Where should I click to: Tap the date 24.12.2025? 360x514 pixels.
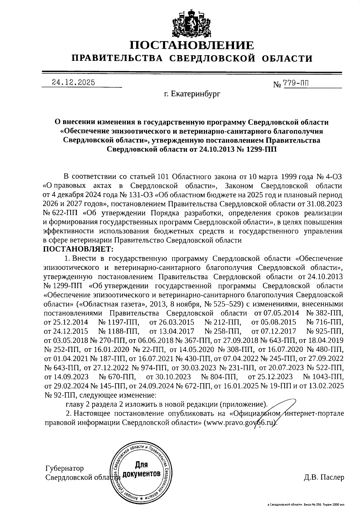tap(73, 82)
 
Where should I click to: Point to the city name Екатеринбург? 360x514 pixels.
tap(192, 95)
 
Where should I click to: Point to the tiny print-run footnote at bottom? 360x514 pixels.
tap(306, 505)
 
